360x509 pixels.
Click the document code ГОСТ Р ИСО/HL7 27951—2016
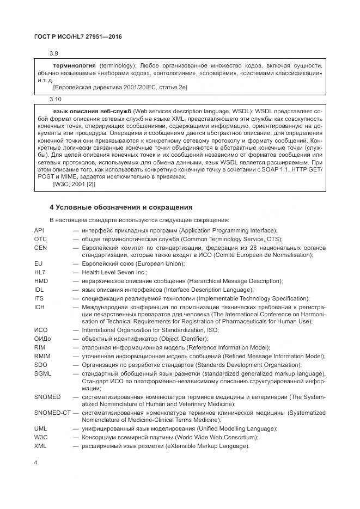click(78, 36)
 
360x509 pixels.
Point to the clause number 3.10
click(55, 99)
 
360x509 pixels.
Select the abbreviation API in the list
click(39, 230)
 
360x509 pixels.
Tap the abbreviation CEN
click(40, 247)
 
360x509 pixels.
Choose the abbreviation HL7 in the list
click(39, 272)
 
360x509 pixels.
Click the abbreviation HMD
click(41, 281)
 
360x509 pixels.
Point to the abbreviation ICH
click(39, 306)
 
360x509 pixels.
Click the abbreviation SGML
click(42, 373)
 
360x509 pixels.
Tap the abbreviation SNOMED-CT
click(52, 414)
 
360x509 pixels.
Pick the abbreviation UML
click(40, 429)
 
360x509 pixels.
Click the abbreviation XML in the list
click(40, 446)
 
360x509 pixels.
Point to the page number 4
click(35, 463)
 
